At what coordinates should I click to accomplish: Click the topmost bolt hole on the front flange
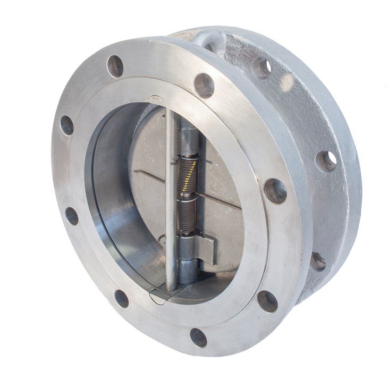click(x=115, y=66)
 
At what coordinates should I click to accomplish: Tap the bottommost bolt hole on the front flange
click(x=198, y=337)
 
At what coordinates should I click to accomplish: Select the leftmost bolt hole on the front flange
click(x=66, y=125)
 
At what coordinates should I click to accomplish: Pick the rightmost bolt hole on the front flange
click(x=275, y=191)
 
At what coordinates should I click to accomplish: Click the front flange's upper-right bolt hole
click(x=204, y=85)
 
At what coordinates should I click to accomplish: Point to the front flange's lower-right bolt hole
click(x=267, y=301)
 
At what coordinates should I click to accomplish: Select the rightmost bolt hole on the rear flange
click(x=326, y=161)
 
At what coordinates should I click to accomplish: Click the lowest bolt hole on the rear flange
click(x=317, y=261)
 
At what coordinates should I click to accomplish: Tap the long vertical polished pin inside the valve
click(x=170, y=202)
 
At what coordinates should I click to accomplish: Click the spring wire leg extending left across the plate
click(x=149, y=176)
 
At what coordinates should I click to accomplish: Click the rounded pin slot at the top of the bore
click(x=156, y=100)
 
